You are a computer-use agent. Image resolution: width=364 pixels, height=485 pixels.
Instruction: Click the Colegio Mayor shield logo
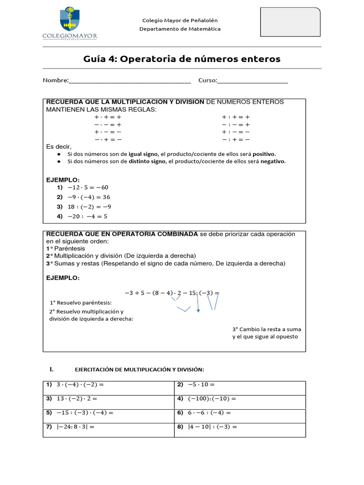pos(70,20)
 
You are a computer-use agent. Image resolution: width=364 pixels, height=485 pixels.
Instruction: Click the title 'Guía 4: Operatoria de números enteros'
pos(182,59)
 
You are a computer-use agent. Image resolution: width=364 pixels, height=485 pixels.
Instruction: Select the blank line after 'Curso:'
pos(252,81)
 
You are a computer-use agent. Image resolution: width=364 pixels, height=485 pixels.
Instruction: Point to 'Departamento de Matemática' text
pos(180,29)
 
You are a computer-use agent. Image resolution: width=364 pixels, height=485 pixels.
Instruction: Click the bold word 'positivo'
pos(264,154)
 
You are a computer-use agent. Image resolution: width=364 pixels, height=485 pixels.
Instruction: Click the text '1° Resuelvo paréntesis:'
pos(81,302)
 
